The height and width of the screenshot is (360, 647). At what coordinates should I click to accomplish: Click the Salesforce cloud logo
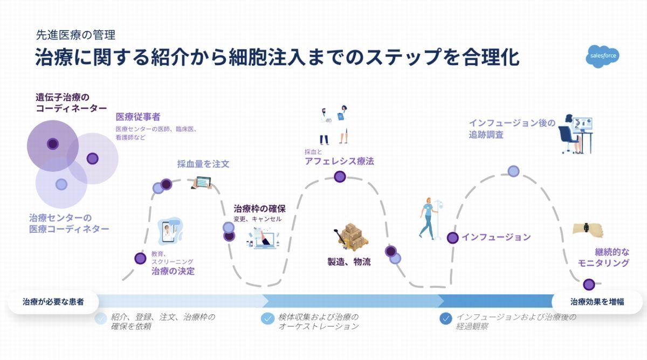[603, 57]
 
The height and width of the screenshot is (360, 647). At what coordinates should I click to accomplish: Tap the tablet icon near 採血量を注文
[202, 183]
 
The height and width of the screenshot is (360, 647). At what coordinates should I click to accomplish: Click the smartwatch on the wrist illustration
[586, 227]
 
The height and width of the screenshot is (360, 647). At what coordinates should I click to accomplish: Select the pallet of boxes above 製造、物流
[352, 237]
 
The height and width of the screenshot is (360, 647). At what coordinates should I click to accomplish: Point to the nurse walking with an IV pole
[429, 219]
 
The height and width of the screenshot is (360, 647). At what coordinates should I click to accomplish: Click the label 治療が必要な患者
[53, 302]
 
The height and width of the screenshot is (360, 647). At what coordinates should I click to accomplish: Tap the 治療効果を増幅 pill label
[597, 302]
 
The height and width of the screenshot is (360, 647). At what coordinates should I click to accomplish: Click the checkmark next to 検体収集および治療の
[267, 319]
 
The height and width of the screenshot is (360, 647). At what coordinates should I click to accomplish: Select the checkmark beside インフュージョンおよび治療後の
[446, 319]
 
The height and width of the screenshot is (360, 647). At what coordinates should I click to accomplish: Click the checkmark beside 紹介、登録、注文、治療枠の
[101, 319]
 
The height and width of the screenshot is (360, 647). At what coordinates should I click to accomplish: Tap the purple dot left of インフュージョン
[452, 238]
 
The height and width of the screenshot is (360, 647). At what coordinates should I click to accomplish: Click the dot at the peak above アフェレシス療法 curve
[340, 176]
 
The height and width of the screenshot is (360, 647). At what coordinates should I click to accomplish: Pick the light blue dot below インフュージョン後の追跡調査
[513, 171]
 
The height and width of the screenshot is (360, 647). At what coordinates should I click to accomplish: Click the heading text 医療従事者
[138, 117]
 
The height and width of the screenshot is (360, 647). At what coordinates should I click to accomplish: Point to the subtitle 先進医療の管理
[75, 35]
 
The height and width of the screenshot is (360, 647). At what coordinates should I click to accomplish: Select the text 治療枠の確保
[259, 209]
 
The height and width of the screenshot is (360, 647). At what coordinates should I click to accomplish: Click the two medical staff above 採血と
[334, 124]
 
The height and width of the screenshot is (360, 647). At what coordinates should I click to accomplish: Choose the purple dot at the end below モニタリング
[589, 285]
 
